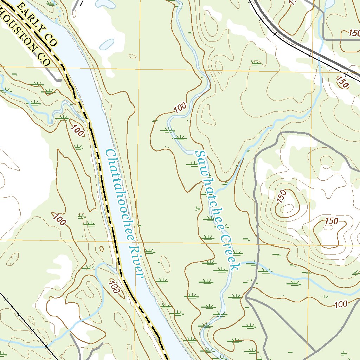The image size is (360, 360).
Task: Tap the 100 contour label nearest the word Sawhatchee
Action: (x=180, y=107)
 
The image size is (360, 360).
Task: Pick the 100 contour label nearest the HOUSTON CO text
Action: (x=77, y=130)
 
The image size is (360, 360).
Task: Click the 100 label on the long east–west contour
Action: (x=340, y=304)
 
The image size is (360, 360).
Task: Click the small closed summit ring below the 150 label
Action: (x=328, y=227)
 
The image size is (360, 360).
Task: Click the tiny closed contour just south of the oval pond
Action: (x=133, y=56)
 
